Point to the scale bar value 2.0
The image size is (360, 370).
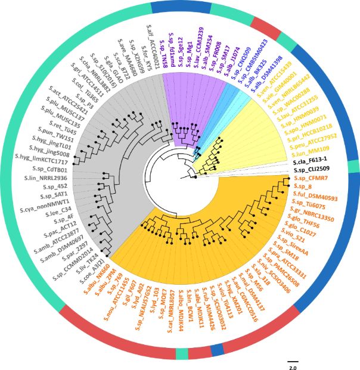pos(293,367)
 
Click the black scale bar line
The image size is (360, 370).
pos(293,360)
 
